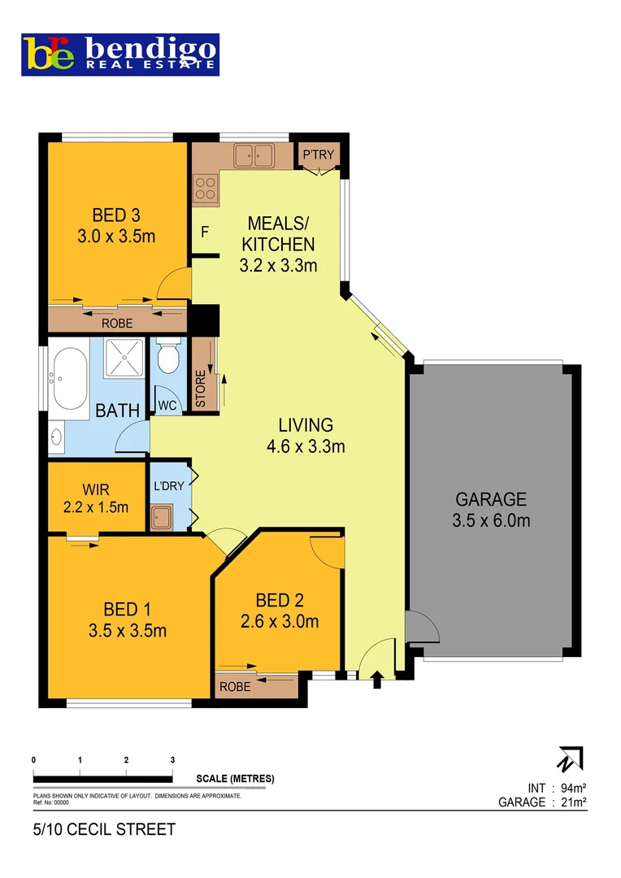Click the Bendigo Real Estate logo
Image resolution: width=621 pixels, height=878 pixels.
120,54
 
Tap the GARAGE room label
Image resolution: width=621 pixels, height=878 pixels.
491,499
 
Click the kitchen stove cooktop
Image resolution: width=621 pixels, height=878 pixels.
205,189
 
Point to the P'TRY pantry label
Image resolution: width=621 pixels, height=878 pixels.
318,154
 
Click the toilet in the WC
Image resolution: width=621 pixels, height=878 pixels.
168,358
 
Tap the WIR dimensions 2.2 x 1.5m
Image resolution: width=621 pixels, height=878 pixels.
95,507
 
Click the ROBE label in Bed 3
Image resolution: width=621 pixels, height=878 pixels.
117,323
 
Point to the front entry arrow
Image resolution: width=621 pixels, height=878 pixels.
376,680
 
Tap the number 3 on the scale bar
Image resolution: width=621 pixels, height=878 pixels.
172,759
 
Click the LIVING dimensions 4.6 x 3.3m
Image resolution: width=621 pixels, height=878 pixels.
306,446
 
